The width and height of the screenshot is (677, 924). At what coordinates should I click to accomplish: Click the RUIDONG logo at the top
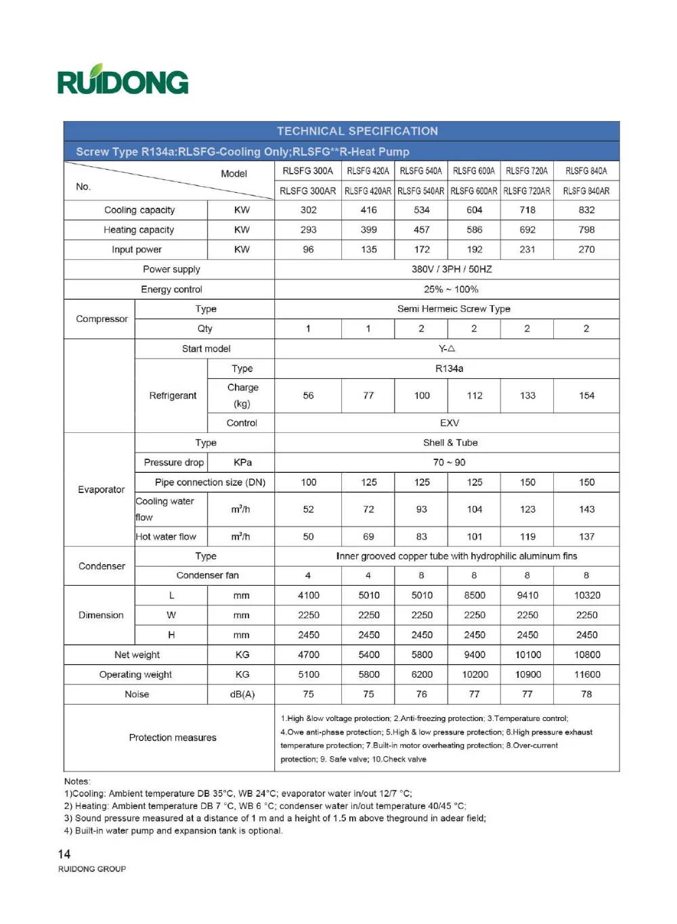click(123, 80)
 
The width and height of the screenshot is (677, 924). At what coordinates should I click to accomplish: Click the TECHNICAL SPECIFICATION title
click(357, 131)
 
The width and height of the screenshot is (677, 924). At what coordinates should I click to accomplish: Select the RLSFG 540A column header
click(420, 171)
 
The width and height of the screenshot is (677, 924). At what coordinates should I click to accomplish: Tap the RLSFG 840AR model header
click(586, 191)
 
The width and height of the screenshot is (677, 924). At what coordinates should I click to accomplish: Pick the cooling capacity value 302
click(308, 210)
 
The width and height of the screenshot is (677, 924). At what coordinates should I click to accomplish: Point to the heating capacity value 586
click(474, 230)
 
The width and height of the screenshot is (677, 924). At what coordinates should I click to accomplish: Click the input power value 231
click(527, 250)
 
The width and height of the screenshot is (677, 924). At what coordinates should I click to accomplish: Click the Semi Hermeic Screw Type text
click(454, 309)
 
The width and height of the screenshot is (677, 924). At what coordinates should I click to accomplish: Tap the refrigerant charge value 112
click(474, 396)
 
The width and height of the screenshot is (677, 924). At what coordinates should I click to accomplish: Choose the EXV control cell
click(449, 423)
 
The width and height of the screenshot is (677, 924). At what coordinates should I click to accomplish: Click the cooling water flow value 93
click(421, 509)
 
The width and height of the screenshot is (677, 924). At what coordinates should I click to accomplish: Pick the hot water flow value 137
click(586, 537)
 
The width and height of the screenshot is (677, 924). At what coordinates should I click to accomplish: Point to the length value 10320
click(586, 596)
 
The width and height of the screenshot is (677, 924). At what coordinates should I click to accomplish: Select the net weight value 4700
click(308, 655)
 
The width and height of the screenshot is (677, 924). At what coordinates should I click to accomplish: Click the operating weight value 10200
click(474, 675)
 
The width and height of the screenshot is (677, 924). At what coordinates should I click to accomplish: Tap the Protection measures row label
click(173, 738)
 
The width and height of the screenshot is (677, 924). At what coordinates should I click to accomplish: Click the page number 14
click(64, 854)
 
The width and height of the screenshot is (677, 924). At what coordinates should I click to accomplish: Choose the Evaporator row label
click(101, 490)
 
